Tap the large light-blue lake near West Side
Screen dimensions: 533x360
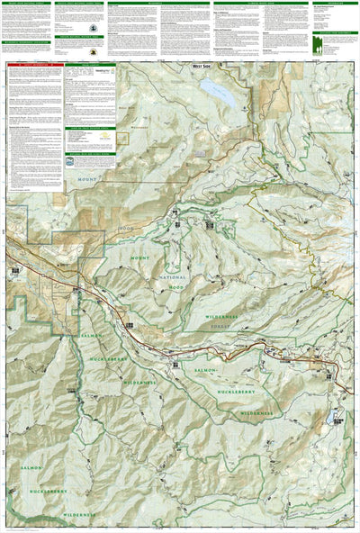pos(217,90)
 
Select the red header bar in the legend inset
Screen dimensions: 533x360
pos(34,65)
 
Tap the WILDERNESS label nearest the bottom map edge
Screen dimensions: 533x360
pos(75,514)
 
